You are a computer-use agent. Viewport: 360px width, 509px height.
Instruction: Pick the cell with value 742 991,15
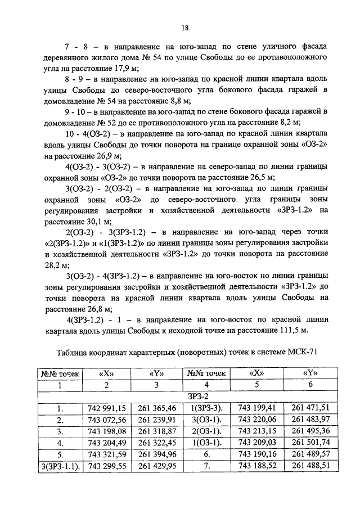click(106, 408)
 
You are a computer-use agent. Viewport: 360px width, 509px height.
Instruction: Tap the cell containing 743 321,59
click(106, 454)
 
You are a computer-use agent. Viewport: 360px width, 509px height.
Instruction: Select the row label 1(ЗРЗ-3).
click(207, 408)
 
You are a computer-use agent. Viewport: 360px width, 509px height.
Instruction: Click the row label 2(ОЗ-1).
click(207, 431)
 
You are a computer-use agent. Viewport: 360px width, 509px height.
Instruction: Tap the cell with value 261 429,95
click(157, 466)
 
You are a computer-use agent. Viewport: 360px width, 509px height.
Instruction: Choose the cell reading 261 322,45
click(157, 443)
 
